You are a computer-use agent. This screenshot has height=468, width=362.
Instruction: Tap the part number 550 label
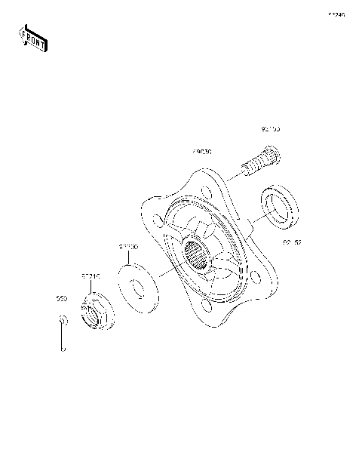point(63,299)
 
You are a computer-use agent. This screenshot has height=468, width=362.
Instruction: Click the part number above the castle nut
point(90,278)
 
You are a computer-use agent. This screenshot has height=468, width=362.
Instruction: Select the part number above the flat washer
point(127,246)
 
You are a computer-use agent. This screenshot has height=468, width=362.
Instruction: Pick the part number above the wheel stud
point(270,129)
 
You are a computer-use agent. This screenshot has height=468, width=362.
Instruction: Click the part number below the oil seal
point(291,242)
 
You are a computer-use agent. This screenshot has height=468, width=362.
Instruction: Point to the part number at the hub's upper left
point(202,152)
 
